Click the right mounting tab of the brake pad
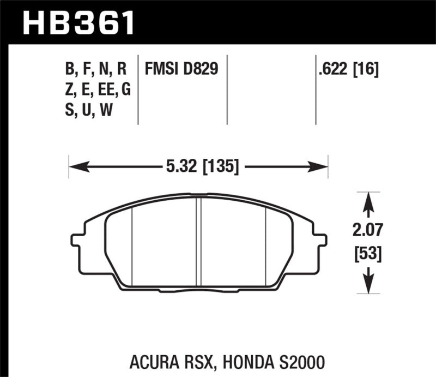point(322,240)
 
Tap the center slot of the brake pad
point(199,240)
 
